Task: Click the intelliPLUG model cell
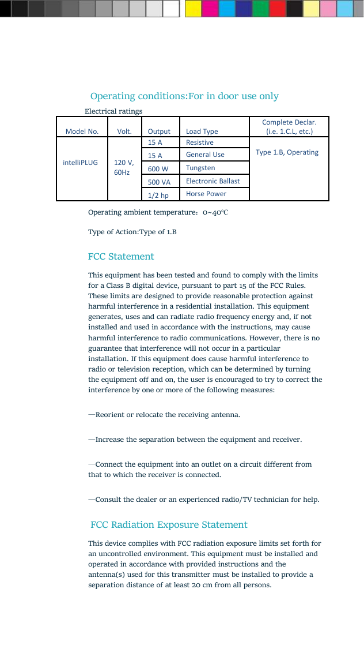(x=80, y=163)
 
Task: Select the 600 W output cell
(x=158, y=168)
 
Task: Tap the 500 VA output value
(x=158, y=182)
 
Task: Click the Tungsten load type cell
(x=200, y=168)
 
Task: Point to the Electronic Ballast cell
(x=213, y=181)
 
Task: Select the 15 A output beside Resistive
(x=155, y=142)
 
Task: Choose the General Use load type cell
(x=205, y=155)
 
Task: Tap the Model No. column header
(x=82, y=132)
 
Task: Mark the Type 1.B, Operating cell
(x=287, y=152)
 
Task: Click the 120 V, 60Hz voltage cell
(x=124, y=167)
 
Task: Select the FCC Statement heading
(x=121, y=257)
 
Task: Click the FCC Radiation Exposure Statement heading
(x=169, y=525)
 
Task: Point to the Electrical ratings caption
(x=113, y=111)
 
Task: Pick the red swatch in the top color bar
(x=278, y=9)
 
